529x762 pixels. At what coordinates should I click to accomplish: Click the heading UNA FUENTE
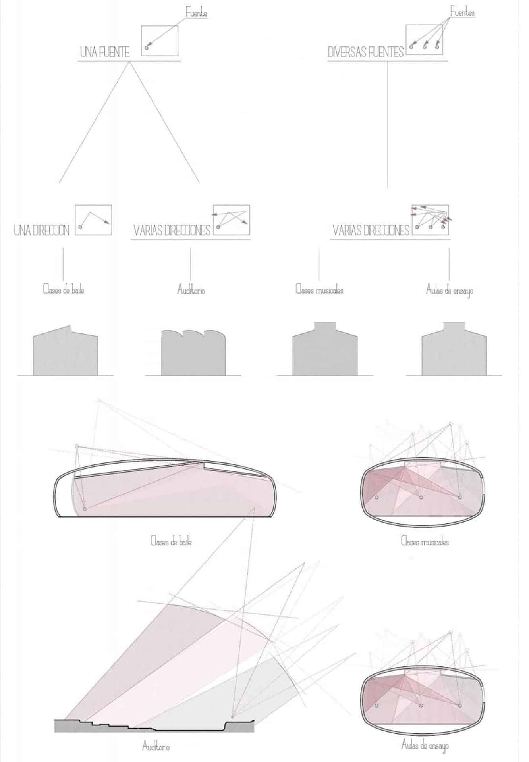click(105, 52)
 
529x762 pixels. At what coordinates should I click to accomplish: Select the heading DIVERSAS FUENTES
click(366, 52)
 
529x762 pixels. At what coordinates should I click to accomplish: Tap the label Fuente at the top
click(197, 13)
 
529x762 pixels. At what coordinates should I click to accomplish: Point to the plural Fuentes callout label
click(462, 12)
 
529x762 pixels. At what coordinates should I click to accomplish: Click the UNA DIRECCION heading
click(42, 230)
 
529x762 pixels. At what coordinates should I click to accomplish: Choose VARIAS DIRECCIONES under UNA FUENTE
click(172, 230)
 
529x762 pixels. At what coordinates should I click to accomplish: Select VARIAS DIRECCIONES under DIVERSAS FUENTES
click(371, 230)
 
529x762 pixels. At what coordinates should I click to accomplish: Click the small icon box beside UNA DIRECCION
click(93, 220)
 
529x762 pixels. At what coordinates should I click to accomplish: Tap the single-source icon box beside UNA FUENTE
click(160, 40)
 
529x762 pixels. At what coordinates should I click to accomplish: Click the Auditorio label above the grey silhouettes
click(191, 290)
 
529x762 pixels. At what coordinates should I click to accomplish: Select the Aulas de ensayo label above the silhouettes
click(450, 291)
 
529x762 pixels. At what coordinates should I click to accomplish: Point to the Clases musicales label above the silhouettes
click(319, 290)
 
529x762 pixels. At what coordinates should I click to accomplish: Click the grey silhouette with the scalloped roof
click(193, 352)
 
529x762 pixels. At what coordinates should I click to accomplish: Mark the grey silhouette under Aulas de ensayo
click(454, 349)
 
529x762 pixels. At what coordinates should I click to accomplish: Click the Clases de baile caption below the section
click(171, 541)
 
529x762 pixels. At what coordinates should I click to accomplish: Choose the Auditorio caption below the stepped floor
click(156, 747)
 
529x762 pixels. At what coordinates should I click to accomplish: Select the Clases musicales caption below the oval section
click(425, 541)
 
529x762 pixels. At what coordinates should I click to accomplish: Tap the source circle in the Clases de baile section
click(85, 509)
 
